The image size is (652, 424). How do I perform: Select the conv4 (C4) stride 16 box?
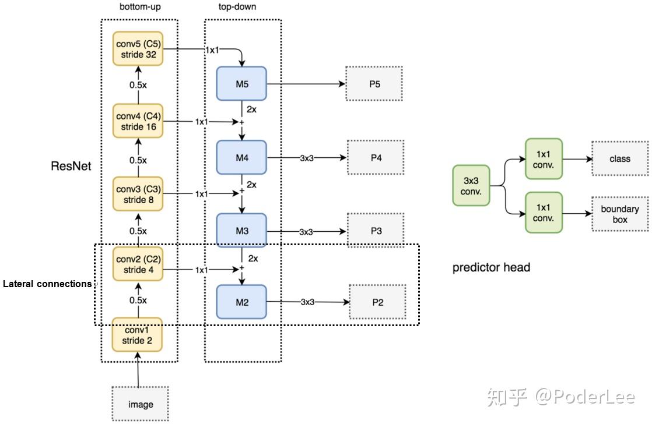[138, 121]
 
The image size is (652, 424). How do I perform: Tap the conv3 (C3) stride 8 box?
[138, 195]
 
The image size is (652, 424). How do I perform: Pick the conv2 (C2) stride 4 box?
[138, 264]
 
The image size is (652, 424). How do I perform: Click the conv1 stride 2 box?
[137, 335]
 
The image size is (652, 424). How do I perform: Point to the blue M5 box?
[241, 84]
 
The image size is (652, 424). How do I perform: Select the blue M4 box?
[241, 157]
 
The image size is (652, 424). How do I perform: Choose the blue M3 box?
[241, 231]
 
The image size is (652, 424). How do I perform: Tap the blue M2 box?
[241, 302]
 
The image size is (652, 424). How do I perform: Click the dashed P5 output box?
[374, 84]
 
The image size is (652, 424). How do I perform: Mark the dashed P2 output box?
[377, 302]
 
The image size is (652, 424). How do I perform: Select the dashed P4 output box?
[376, 157]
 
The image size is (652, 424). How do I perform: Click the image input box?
[140, 404]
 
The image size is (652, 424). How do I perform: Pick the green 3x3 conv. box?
[471, 186]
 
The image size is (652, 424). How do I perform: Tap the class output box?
[619, 158]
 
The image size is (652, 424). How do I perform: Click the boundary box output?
[619, 214]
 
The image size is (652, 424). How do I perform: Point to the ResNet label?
[71, 167]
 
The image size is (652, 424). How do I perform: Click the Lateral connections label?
[47, 284]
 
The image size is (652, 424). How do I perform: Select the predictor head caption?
[491, 267]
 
